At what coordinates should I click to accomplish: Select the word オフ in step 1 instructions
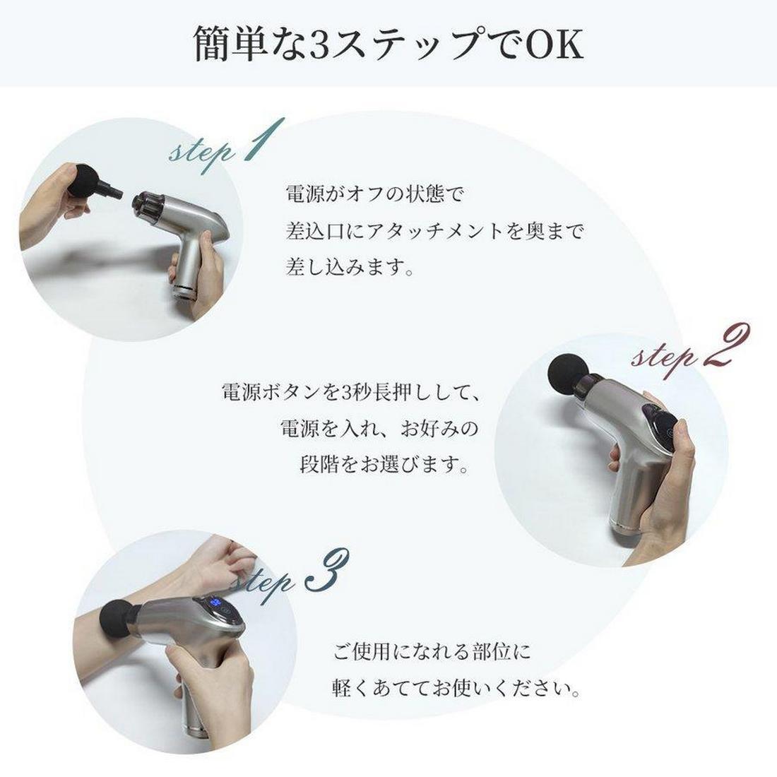click(365, 194)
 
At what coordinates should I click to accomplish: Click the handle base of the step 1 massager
click(184, 289)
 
